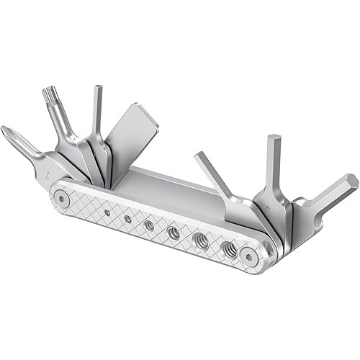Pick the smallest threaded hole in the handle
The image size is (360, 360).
107,212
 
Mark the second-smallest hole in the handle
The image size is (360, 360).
127,219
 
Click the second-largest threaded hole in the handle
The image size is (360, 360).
202,241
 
